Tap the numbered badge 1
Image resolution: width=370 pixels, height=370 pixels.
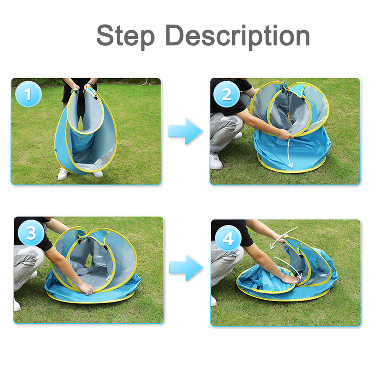coord(28,94)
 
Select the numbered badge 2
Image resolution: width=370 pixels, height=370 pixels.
coord(227,94)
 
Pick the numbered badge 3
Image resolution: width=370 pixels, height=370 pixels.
coord(31,233)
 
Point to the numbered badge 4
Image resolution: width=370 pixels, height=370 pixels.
coord(228,238)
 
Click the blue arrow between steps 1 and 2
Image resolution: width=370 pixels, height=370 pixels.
coord(185,131)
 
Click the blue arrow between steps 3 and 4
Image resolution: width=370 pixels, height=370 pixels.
coord(186,268)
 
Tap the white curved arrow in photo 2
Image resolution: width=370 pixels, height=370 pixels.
coord(290,154)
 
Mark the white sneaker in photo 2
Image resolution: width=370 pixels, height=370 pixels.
coord(216,161)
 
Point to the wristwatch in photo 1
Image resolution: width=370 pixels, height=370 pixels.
coord(90,85)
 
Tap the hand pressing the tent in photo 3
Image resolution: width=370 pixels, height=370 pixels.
coord(86,288)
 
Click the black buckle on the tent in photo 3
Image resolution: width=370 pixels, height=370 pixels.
coord(105,247)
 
